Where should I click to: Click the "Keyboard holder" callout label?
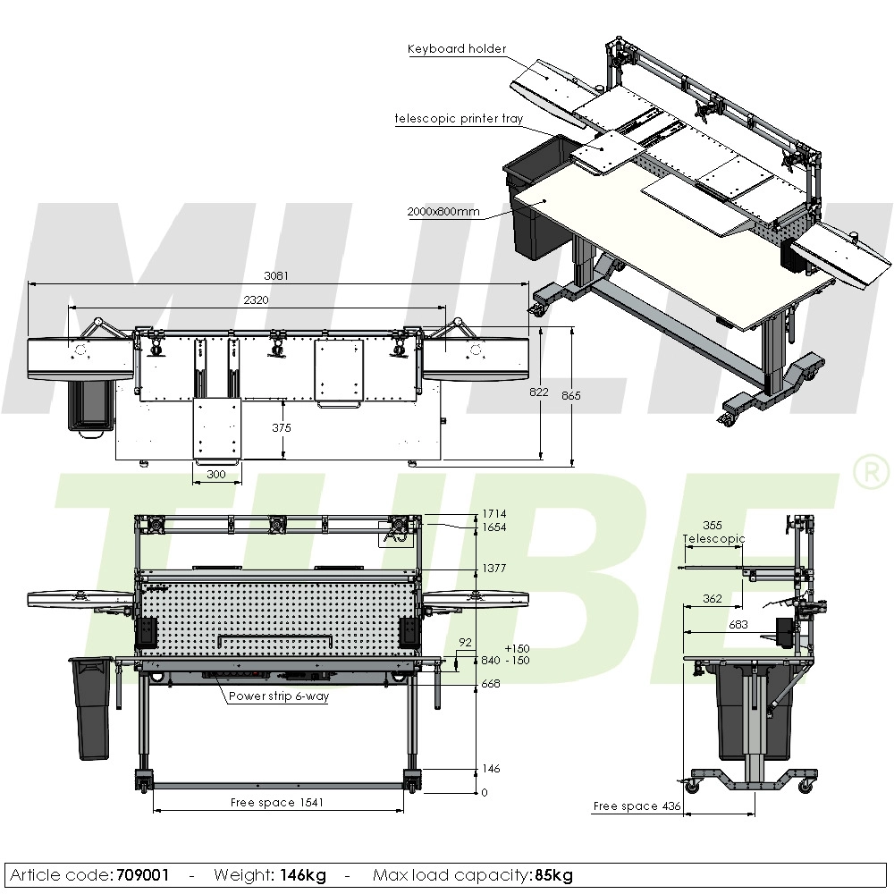457,49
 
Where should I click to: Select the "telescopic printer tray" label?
460,118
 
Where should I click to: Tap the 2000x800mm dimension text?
443,212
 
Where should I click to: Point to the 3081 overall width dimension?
277,275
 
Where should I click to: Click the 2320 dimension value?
256,300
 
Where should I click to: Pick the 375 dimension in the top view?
282,428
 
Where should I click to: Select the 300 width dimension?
216,475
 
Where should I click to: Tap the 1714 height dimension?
494,514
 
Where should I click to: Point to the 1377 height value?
494,569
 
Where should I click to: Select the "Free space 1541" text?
277,803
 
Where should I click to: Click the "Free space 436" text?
637,806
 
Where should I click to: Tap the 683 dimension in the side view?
738,625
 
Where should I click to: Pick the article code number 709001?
143,875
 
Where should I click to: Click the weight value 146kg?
303,875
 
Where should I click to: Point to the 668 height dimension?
491,684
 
